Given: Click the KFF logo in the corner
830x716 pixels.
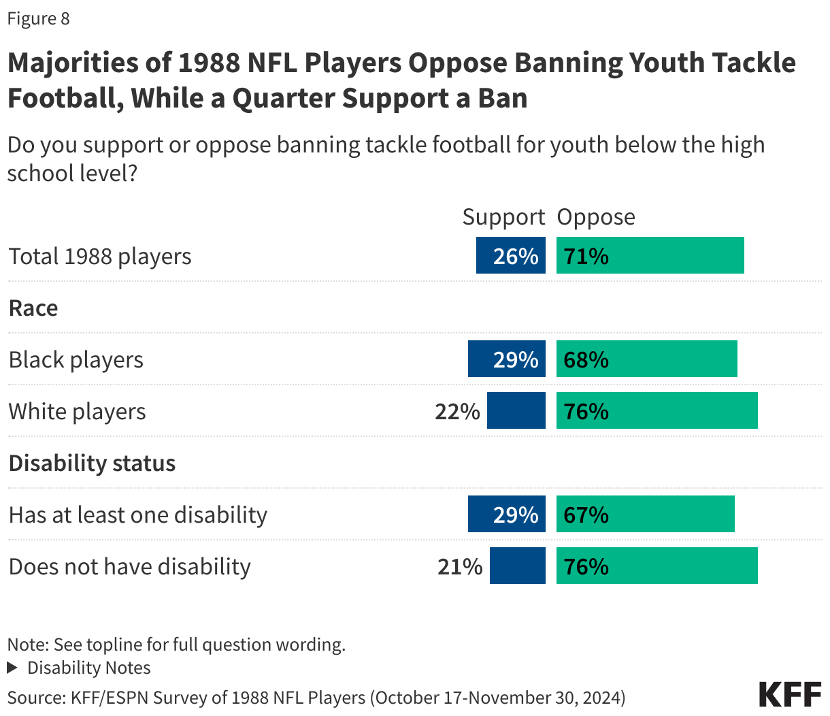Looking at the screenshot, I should point(790,694).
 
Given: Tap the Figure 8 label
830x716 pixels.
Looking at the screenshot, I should point(38,18).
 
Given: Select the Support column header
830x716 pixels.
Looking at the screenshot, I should point(503,216).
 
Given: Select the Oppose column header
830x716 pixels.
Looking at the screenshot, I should point(596,216).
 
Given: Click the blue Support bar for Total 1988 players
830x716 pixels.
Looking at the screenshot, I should point(510,256).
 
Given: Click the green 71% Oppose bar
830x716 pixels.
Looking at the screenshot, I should point(650,256).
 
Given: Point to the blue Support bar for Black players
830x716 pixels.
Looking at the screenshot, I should point(506,359).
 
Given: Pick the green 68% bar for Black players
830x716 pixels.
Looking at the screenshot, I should point(646,359).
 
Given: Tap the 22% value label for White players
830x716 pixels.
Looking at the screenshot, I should point(457,411).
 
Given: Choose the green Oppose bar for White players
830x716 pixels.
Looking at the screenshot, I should point(657,411).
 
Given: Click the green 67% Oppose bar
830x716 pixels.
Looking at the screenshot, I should point(645,515).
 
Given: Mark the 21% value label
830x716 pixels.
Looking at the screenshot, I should point(460,566).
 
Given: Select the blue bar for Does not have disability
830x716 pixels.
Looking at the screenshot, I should point(517,566).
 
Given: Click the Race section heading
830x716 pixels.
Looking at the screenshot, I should point(33,308).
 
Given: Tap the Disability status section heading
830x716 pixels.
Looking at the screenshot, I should point(92,463).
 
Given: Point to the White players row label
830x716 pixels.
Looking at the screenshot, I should point(77,411).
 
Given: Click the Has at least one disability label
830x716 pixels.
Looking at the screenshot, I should point(137,515).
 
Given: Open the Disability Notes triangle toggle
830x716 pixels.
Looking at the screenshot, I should point(12,668).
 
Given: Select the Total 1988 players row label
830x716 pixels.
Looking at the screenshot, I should point(100,256).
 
